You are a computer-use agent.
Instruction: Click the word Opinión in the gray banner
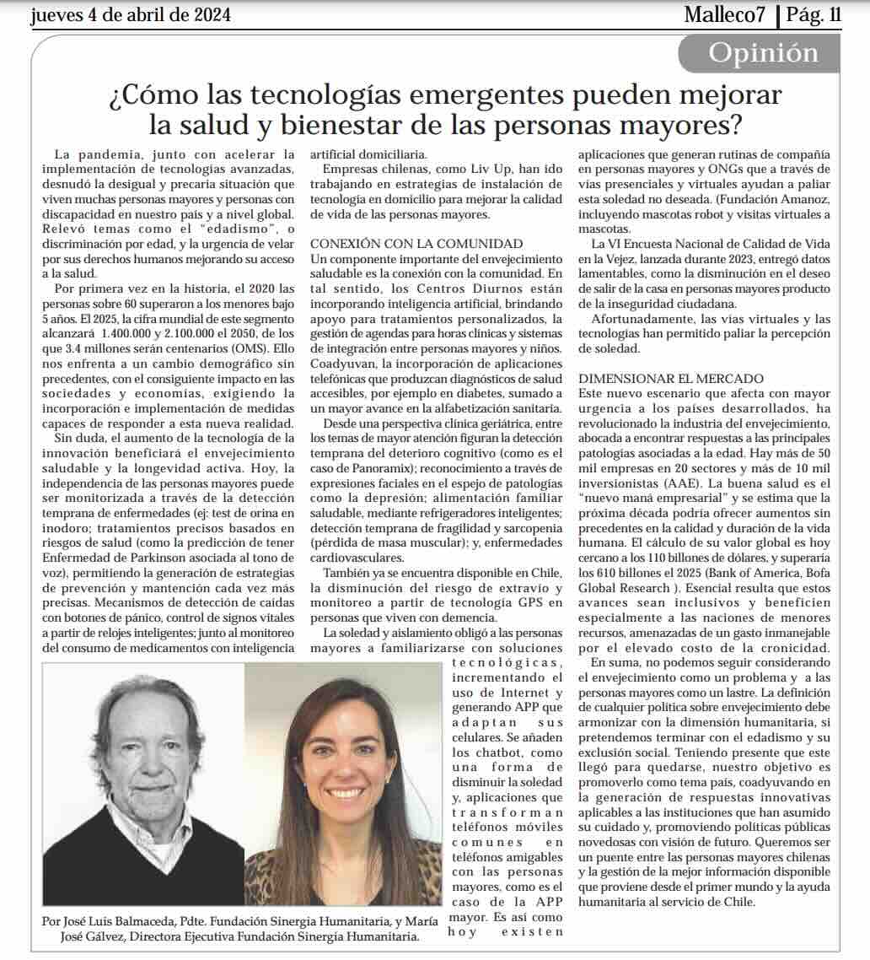[763, 53]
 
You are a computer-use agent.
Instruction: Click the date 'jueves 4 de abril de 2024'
[131, 15]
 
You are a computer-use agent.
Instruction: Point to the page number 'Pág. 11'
[814, 15]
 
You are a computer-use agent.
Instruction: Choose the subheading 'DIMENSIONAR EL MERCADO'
[671, 378]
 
